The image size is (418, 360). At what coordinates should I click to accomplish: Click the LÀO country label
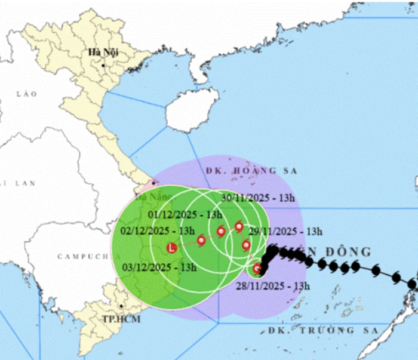click(x=27, y=94)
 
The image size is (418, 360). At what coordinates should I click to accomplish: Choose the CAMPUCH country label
click(x=81, y=256)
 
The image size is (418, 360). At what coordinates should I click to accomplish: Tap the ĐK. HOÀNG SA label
click(x=251, y=171)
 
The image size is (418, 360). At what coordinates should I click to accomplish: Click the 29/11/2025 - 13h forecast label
click(x=290, y=232)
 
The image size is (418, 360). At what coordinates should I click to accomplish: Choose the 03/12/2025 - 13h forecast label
click(x=157, y=267)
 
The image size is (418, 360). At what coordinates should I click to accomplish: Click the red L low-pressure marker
click(x=172, y=247)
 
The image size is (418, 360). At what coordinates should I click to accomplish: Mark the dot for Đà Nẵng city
click(x=154, y=183)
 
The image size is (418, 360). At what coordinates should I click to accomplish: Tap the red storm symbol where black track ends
click(x=257, y=269)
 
